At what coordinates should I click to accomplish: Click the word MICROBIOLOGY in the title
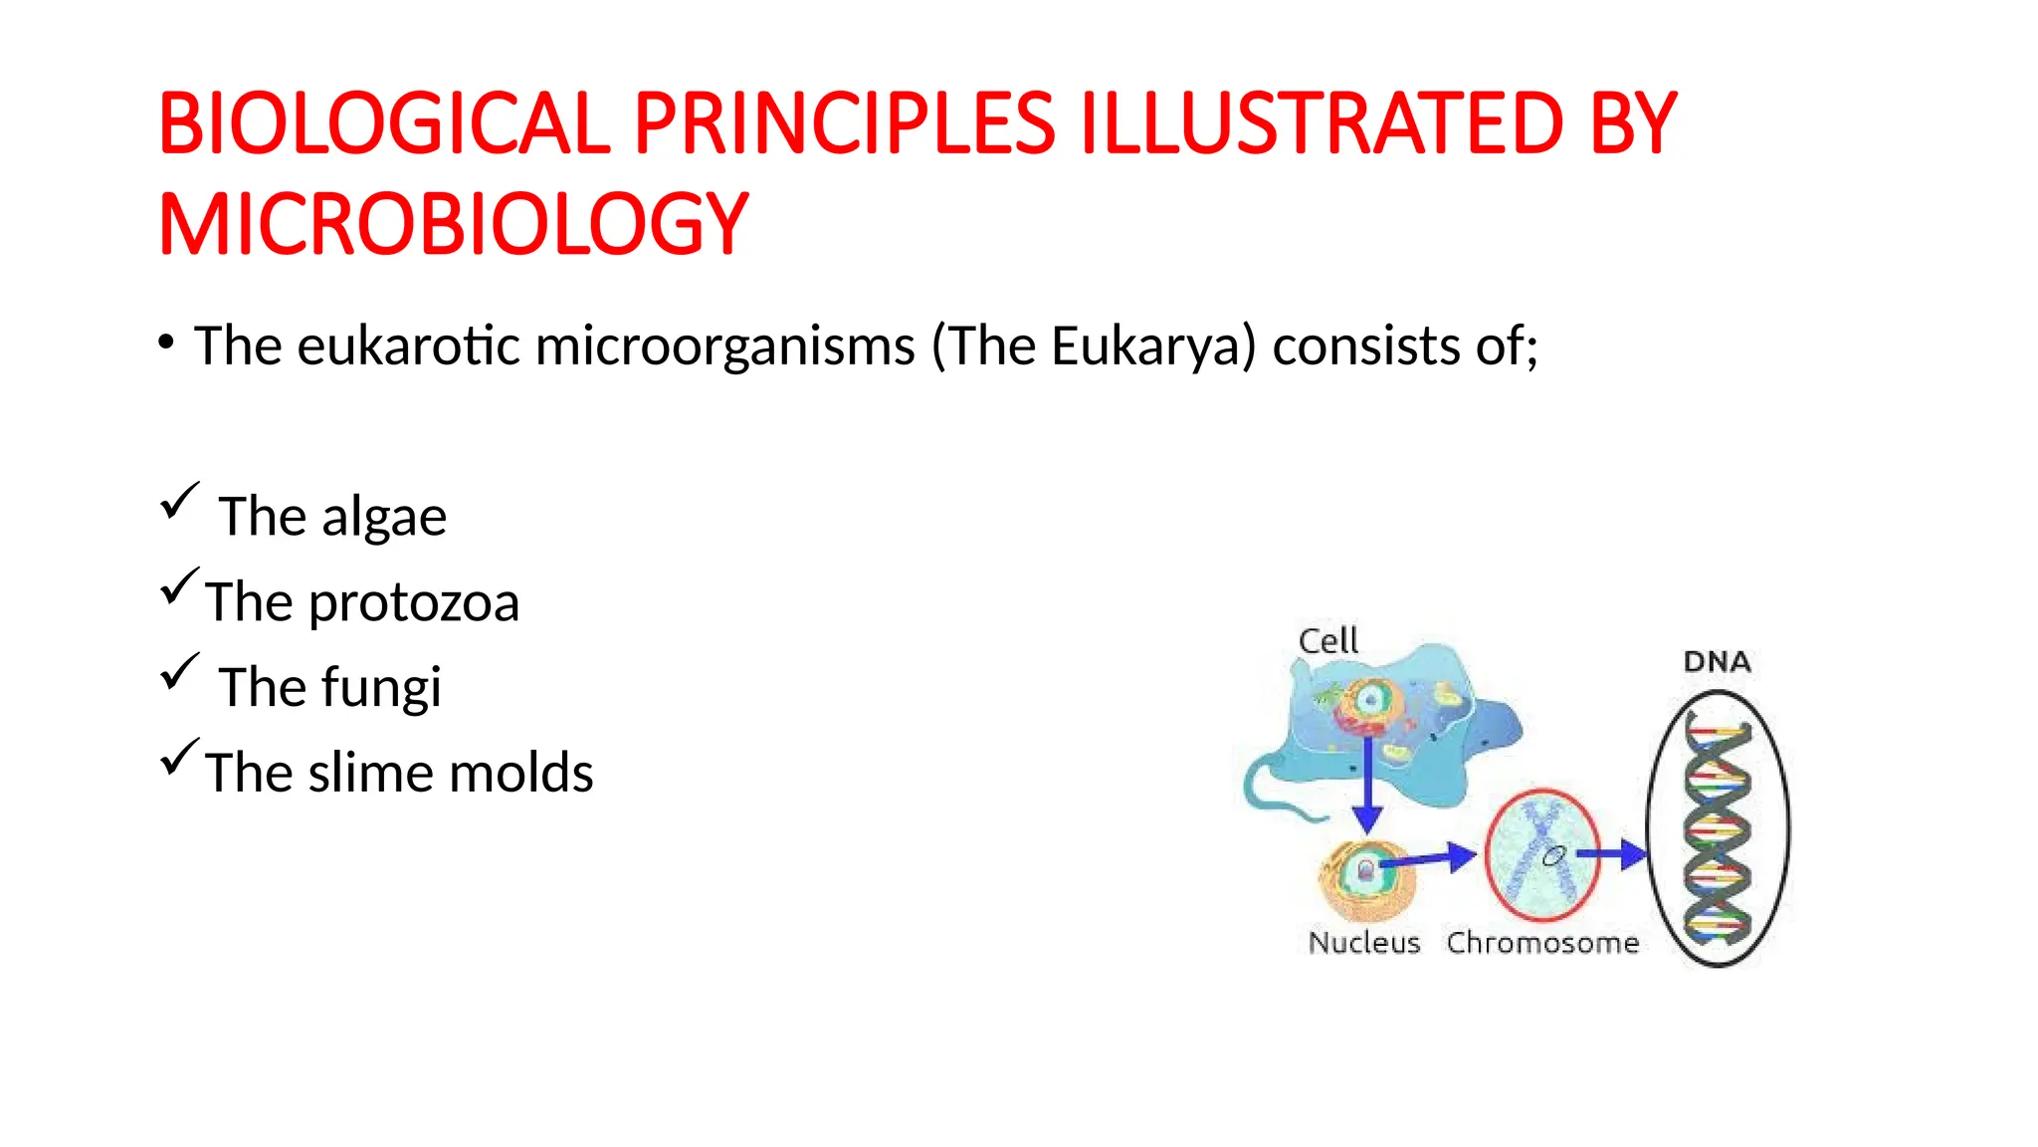(453, 225)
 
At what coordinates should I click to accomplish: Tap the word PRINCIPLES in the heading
(844, 124)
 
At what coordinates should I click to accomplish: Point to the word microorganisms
(724, 346)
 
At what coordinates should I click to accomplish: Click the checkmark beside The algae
(179, 501)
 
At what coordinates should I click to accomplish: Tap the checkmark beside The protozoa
(179, 586)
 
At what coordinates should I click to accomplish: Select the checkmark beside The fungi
(179, 672)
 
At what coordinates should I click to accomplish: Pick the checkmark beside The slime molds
(179, 758)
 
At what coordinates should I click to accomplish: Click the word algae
(383, 518)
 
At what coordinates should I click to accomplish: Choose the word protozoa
(414, 603)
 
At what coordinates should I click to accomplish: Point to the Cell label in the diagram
(1327, 641)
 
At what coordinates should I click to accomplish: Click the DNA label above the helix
(1717, 662)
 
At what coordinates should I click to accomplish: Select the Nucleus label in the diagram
(1363, 943)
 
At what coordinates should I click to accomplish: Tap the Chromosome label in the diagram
(1542, 943)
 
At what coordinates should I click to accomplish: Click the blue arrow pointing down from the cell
(1367, 787)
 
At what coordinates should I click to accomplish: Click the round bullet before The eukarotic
(166, 344)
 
